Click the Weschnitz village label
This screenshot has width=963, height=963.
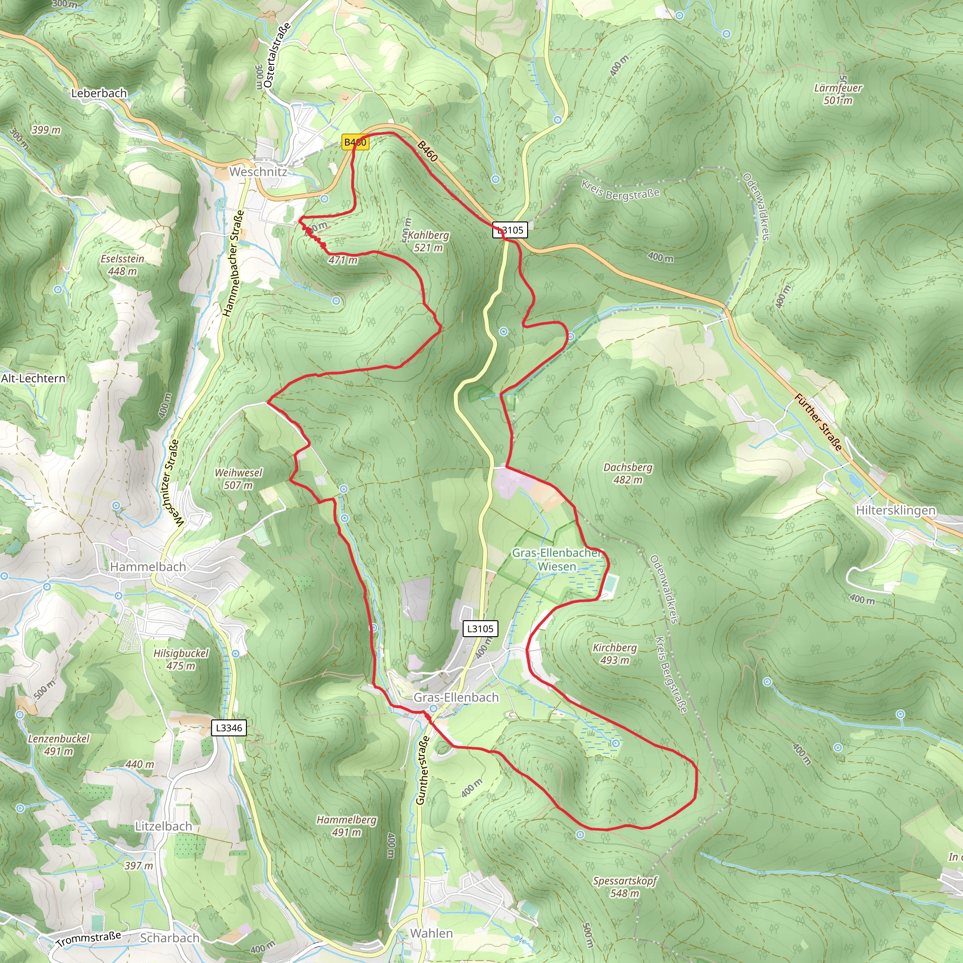coord(258,172)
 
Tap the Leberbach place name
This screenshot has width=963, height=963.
coord(99,93)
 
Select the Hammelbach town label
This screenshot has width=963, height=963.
coord(148,567)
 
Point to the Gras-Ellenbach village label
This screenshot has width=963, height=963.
coord(456,697)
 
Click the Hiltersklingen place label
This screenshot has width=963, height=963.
coord(895,510)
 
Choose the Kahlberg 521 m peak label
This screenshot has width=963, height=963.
coord(428,241)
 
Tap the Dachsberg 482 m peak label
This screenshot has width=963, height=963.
coord(627,474)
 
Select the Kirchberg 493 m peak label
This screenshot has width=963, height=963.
coord(614,654)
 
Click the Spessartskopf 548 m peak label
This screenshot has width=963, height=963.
coord(624,887)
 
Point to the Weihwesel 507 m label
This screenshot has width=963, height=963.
coord(238,479)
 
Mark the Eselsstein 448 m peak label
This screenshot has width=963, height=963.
coord(122,265)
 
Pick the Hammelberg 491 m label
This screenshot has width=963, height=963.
coord(346,826)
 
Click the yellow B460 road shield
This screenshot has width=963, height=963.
coord(355,142)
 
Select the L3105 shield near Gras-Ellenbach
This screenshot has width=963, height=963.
coord(480,629)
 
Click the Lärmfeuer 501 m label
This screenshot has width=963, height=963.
coord(837,94)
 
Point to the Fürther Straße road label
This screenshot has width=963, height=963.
coord(818,422)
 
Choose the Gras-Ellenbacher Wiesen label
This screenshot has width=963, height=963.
coord(556,559)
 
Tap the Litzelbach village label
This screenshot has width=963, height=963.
coord(164,826)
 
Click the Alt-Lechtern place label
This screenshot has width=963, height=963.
coord(33,379)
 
